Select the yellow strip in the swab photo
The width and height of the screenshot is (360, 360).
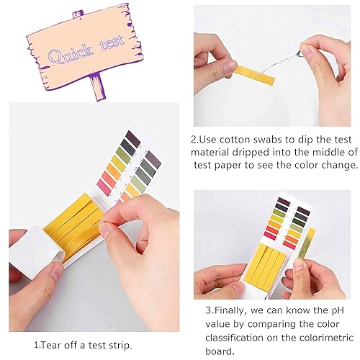(x=255, y=71)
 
